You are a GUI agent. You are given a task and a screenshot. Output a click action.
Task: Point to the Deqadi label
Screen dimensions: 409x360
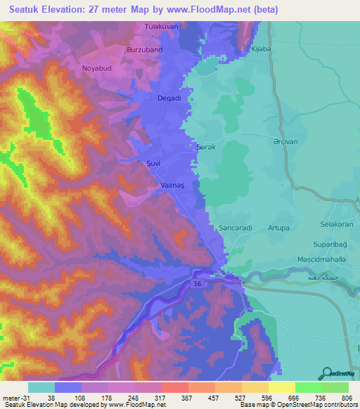[169, 98]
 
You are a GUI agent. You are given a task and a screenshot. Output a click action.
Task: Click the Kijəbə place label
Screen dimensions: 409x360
[261, 50]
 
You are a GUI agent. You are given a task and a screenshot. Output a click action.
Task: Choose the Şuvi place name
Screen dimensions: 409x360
[153, 163]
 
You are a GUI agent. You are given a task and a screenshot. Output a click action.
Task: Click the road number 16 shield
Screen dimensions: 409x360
[198, 282]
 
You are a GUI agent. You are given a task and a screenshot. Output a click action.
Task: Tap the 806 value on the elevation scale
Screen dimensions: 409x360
[345, 398]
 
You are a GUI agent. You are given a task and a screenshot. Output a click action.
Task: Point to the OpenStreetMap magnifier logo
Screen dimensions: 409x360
[326, 373]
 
